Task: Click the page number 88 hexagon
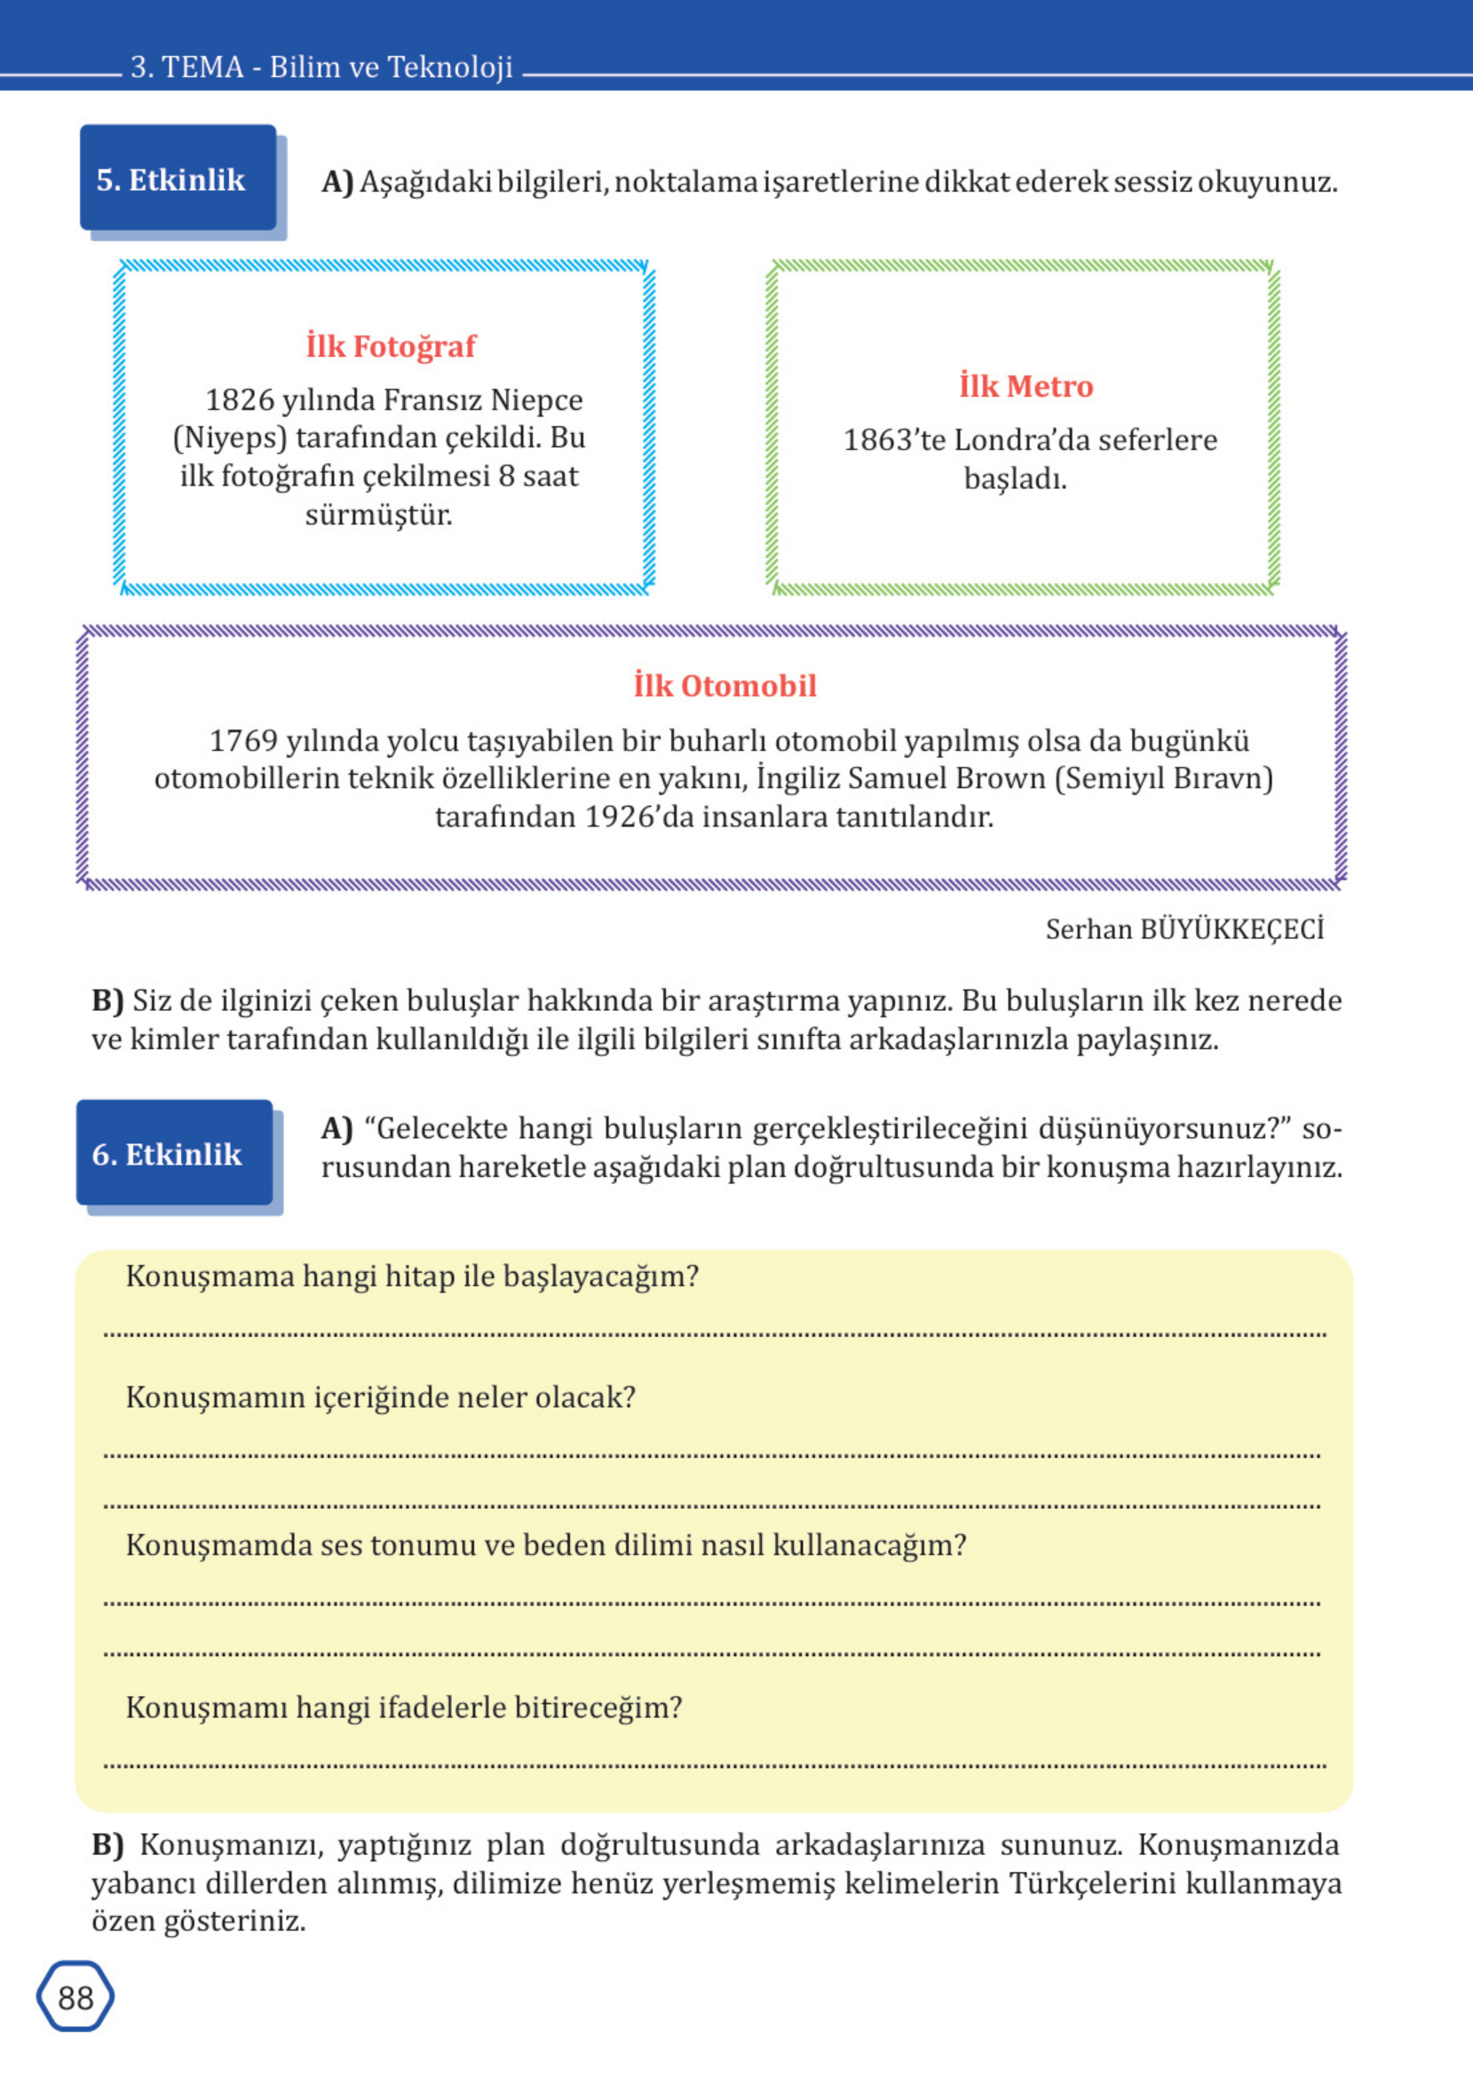pyautogui.click(x=75, y=1997)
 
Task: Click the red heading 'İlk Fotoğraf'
pyautogui.click(x=391, y=345)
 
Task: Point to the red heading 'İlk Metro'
pyautogui.click(x=1026, y=386)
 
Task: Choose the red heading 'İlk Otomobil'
pyautogui.click(x=725, y=685)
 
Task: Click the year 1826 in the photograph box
pyautogui.click(x=240, y=399)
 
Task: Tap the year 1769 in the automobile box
pyautogui.click(x=243, y=740)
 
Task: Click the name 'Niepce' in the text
pyautogui.click(x=537, y=399)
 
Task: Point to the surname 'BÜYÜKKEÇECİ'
pyautogui.click(x=1231, y=929)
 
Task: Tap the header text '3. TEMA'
pyautogui.click(x=186, y=67)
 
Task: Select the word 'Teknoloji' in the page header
pyautogui.click(x=450, y=67)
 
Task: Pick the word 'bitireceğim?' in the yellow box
pyautogui.click(x=598, y=1707)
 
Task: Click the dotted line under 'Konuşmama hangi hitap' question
pyautogui.click(x=715, y=1333)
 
